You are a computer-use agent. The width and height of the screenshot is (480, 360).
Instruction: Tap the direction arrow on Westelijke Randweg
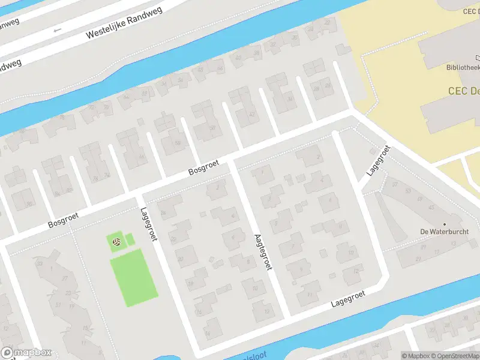pos(58,29)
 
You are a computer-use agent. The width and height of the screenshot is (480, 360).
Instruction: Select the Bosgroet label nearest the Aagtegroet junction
pos(204,167)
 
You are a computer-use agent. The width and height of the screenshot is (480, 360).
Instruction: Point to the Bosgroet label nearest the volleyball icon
pos(63,220)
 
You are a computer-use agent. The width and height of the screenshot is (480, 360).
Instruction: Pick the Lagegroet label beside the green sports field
pos(148,224)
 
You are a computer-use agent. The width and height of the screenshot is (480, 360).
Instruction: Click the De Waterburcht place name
pos(445,232)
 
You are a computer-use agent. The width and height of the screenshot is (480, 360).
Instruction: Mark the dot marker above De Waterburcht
pos(445,224)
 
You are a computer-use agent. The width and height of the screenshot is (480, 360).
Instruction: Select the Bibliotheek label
pos(463,68)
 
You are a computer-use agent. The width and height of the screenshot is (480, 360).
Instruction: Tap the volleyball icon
pos(117,242)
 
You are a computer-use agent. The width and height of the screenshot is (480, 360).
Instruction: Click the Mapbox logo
pos(26,353)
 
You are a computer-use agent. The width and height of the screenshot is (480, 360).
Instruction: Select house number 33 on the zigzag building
pos(40,263)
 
